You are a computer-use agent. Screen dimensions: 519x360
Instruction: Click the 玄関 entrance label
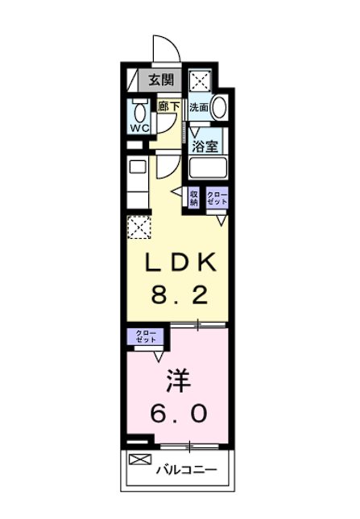pyautogui.click(x=160, y=80)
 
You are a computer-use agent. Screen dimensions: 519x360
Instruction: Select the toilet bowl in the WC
pyautogui.click(x=139, y=109)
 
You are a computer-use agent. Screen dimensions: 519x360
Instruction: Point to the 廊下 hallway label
pyautogui.click(x=168, y=105)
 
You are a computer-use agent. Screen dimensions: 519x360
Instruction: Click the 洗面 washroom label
pyautogui.click(x=199, y=106)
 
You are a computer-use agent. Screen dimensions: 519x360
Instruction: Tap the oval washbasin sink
pyautogui.click(x=218, y=107)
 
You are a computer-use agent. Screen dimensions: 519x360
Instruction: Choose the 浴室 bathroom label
pyautogui.click(x=205, y=146)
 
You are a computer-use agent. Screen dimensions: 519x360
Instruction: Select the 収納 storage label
pyautogui.click(x=194, y=198)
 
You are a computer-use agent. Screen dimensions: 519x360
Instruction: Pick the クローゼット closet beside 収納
pyautogui.click(x=217, y=198)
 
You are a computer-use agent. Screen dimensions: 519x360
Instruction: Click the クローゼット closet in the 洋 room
pyautogui.click(x=146, y=336)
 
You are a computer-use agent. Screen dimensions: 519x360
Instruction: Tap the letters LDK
pyautogui.click(x=180, y=265)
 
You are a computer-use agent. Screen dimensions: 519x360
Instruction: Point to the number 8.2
pyautogui.click(x=180, y=295)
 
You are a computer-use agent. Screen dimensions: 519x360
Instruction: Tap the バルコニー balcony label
pyautogui.click(x=186, y=469)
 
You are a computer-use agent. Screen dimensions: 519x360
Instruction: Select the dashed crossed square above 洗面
pyautogui.click(x=200, y=80)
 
